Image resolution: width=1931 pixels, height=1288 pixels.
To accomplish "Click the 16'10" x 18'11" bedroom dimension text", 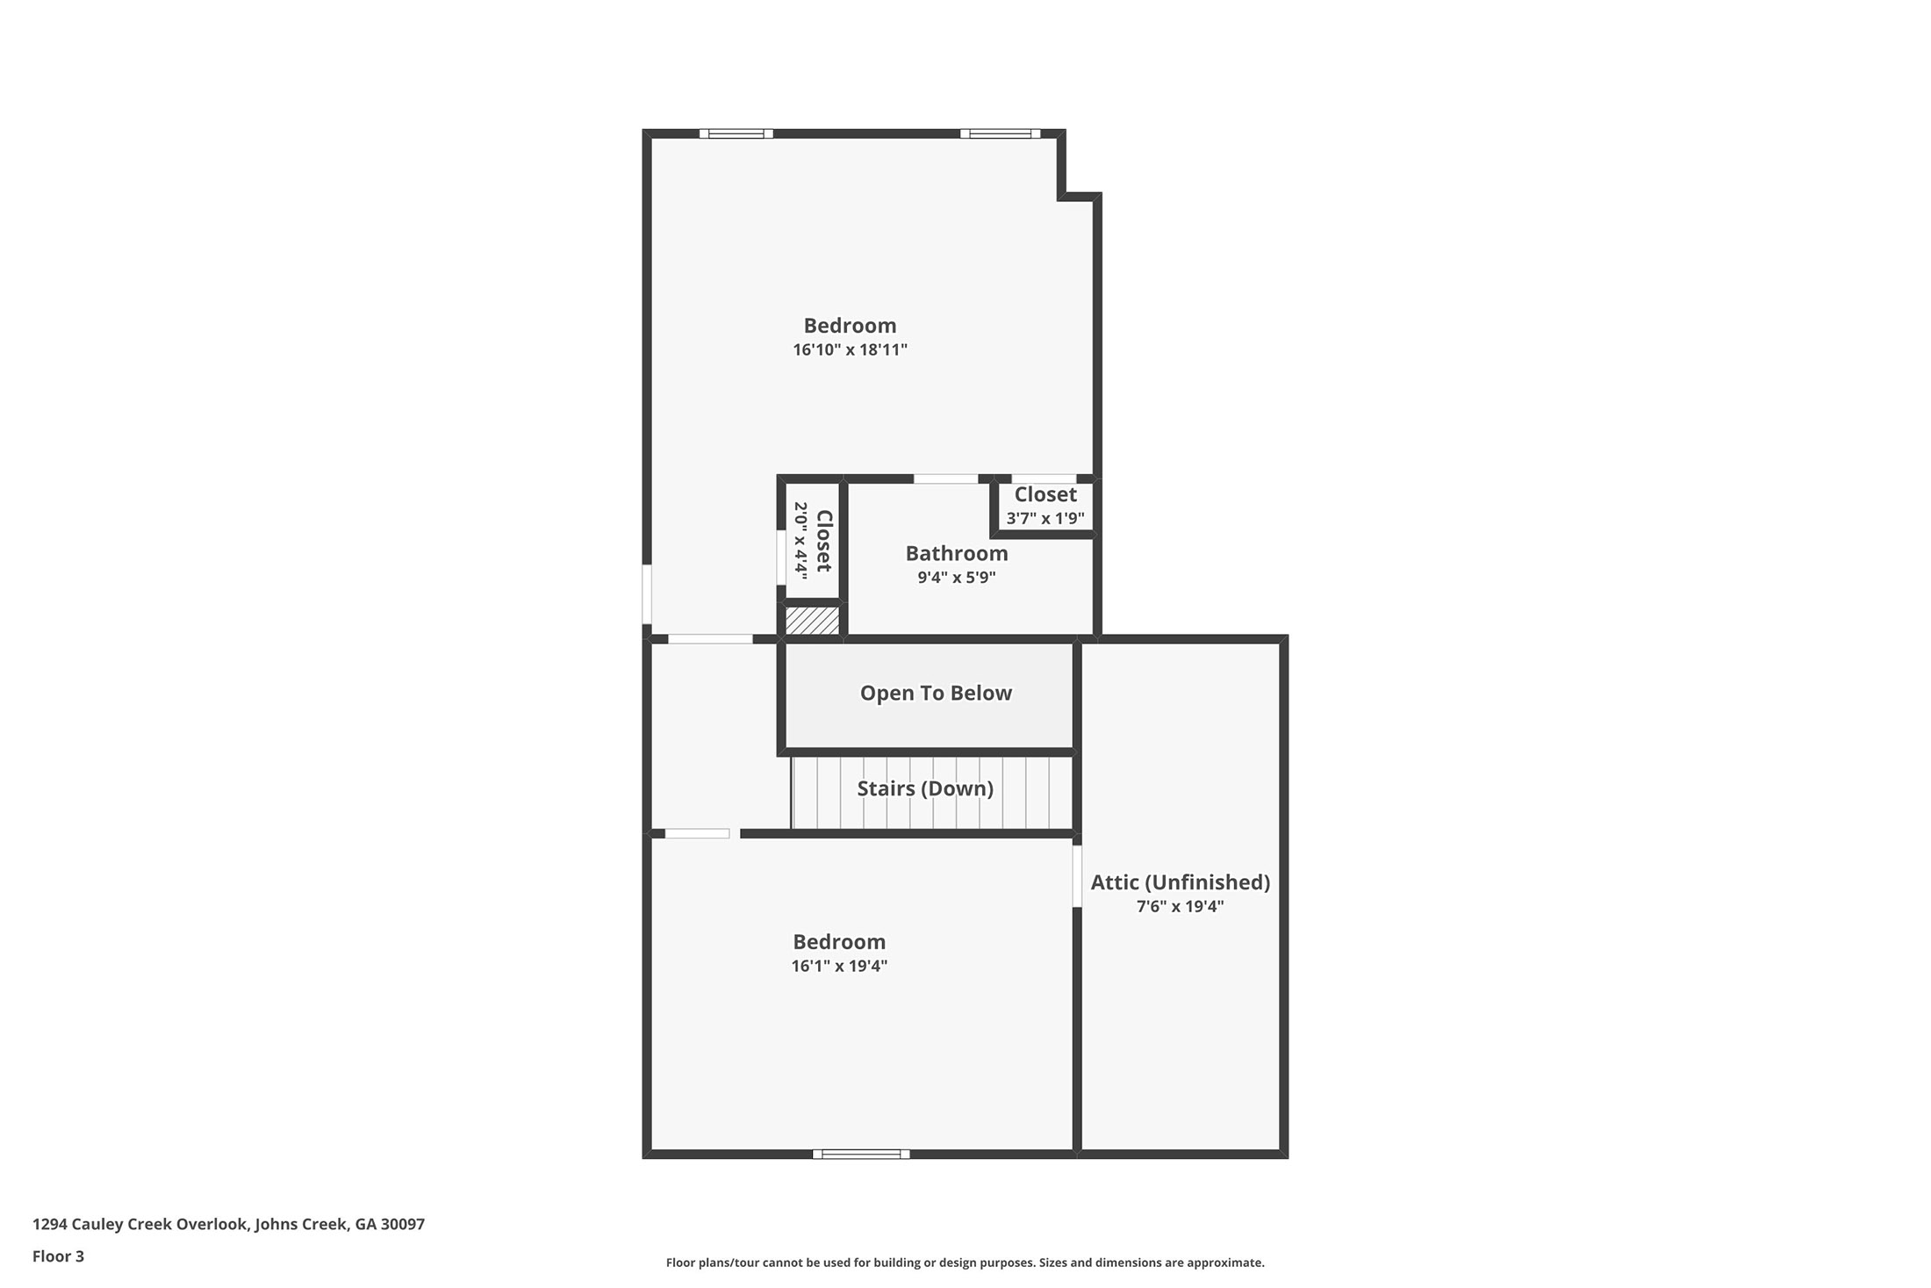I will (850, 349).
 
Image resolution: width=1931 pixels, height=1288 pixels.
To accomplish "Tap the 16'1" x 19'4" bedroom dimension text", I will (839, 966).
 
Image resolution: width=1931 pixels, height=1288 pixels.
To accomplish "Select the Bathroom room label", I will (957, 553).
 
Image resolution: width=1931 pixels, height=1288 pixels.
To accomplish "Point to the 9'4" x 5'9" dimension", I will (957, 577).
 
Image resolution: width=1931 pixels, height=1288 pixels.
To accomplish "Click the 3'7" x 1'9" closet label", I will (1044, 507).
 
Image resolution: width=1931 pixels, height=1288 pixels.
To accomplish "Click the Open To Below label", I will (936, 693).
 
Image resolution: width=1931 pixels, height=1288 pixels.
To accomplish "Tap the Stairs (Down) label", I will (925, 788).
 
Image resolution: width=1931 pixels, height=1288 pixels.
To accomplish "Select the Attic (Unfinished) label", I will (1180, 882).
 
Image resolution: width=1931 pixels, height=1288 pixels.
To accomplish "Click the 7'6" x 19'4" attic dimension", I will (1180, 906).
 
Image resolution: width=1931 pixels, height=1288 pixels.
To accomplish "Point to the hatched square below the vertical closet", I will (812, 621).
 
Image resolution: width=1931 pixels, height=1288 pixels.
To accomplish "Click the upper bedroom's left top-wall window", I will (736, 133).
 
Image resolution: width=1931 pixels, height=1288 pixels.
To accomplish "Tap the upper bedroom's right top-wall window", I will (1000, 133).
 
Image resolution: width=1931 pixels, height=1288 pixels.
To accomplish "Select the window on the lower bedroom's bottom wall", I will (861, 1154).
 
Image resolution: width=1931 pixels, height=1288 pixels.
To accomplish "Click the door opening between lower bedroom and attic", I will (1077, 875).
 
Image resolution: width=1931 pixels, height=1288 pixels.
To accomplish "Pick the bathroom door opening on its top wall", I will (946, 479).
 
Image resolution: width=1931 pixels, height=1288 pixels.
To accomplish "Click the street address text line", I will (228, 1224).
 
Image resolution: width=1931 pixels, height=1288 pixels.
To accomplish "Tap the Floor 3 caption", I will (58, 1256).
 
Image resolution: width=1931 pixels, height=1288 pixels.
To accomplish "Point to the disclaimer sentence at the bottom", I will (965, 1263).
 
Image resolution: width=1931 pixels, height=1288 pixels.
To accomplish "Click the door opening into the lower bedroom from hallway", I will (697, 833).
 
